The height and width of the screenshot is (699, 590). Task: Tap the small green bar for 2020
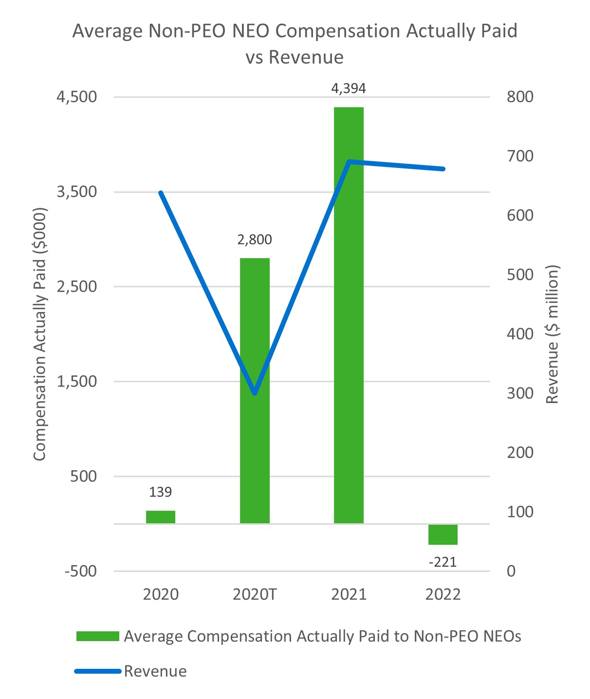[x=161, y=516]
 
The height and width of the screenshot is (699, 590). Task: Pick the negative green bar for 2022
[x=442, y=534]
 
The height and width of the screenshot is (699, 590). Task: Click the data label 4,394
[x=349, y=89]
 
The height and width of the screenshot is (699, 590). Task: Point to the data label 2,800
[x=255, y=239]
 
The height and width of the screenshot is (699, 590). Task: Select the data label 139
[x=161, y=492]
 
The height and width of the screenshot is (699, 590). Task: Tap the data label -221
[x=442, y=562]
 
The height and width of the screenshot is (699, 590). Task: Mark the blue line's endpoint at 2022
[x=443, y=169]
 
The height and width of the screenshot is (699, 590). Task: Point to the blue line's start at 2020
[x=161, y=193]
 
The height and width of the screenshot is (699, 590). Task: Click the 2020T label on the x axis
[x=255, y=594]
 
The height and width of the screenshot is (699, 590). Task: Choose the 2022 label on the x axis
[x=442, y=594]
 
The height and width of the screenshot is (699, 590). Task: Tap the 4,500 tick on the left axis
[x=77, y=97]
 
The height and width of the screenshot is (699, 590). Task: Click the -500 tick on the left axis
[x=81, y=571]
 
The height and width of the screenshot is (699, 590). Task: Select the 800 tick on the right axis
[x=520, y=97]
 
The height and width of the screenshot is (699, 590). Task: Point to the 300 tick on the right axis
[x=520, y=393]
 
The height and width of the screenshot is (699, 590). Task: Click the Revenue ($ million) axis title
[x=552, y=334]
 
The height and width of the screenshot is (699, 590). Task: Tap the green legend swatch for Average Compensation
[x=97, y=636]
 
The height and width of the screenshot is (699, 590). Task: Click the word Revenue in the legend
[x=155, y=671]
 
